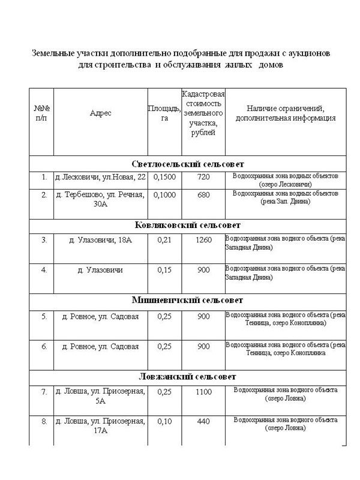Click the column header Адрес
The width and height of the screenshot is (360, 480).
click(100, 113)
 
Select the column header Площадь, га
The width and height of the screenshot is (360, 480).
click(164, 113)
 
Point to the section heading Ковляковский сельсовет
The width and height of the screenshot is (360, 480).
click(187, 225)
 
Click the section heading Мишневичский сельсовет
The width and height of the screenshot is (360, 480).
click(187, 300)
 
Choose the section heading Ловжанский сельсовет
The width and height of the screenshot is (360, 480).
click(187, 376)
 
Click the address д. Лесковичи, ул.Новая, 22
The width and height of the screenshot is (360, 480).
click(100, 178)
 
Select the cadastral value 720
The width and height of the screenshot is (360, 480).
click(203, 178)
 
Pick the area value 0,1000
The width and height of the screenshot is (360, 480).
click(164, 195)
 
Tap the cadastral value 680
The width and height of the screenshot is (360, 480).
click(203, 195)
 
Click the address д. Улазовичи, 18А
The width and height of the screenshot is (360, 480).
click(100, 240)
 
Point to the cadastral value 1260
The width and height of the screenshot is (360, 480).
click(203, 240)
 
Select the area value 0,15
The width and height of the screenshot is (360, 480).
click(164, 270)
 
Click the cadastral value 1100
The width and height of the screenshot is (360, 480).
click(203, 392)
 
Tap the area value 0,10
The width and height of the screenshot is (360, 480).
click(164, 421)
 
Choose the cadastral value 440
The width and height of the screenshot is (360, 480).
click(203, 421)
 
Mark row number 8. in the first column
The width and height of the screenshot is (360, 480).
click(44, 421)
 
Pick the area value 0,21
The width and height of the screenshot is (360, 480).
click(164, 240)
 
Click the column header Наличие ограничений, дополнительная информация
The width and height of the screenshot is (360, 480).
click(286, 113)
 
